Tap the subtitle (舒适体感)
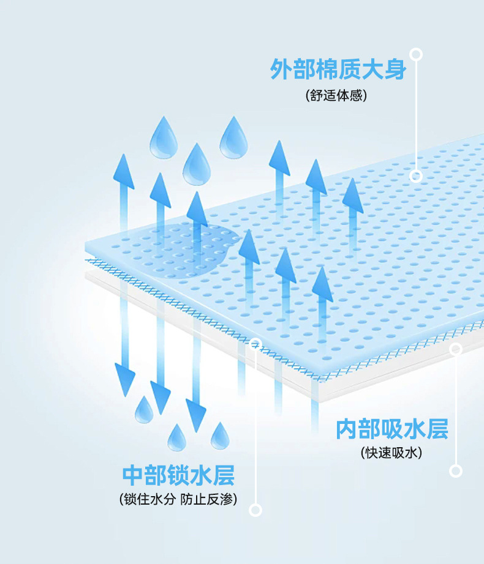pos(336,96)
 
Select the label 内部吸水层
pos(392,429)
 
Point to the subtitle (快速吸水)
pos(392,453)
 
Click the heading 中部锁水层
pos(178,475)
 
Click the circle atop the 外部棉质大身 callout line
pos(417,54)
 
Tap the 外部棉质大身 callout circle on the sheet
pos(417,176)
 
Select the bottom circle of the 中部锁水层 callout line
pos(256,510)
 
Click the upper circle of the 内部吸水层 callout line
pos(456,349)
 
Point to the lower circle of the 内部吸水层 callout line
pos(456,470)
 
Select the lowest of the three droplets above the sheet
pos(197,165)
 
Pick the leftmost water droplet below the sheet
pos(144,410)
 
